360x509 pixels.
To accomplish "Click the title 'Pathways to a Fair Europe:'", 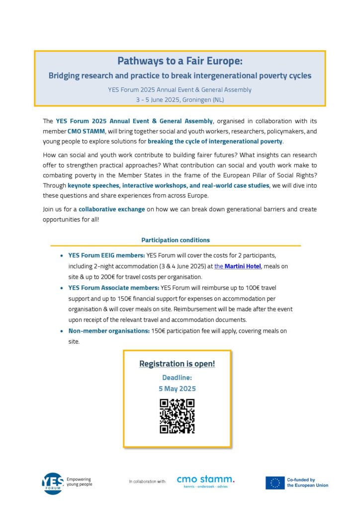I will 180,61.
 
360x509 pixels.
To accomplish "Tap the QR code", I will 177,416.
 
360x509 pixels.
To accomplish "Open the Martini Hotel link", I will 238,266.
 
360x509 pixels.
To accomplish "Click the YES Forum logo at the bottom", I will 52,483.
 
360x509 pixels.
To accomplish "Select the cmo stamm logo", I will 205,481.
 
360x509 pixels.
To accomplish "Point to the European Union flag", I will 275,483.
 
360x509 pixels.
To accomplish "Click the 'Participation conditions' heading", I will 176,240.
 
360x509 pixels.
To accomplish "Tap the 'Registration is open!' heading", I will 177,364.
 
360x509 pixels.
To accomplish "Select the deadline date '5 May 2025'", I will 177,388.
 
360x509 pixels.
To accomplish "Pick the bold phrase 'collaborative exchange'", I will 112,209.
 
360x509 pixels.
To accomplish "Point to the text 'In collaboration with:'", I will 147,482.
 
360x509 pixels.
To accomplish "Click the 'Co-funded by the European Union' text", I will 307,483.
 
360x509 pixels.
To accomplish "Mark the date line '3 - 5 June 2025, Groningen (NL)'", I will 180,99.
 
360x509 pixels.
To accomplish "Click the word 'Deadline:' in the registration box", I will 177,378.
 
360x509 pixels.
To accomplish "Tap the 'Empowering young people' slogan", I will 79,481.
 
